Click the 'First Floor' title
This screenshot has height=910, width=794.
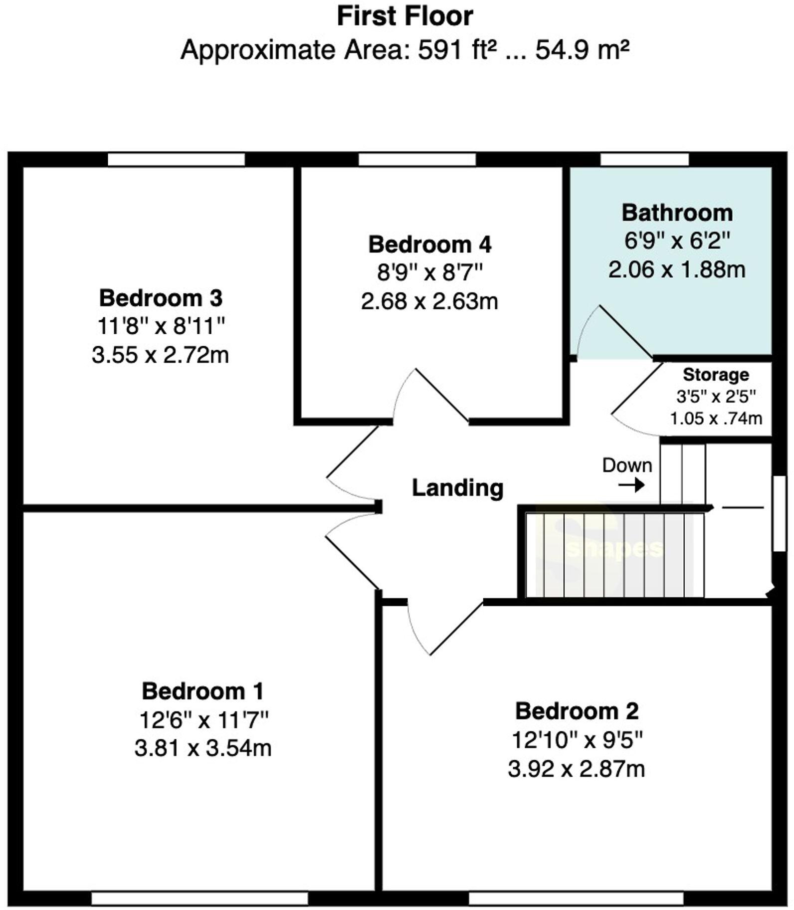(x=404, y=16)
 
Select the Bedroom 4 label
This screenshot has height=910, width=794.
(x=429, y=244)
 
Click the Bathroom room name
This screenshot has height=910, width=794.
(x=677, y=213)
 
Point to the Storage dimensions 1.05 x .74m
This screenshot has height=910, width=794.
(x=716, y=418)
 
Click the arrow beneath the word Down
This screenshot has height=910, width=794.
(x=631, y=484)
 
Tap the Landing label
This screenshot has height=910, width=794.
(x=457, y=487)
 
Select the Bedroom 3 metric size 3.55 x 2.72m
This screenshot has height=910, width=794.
(x=160, y=355)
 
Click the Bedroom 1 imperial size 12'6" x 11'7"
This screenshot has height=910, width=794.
(x=203, y=720)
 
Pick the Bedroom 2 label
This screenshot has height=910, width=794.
(x=577, y=711)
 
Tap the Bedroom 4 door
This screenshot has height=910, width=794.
(x=431, y=397)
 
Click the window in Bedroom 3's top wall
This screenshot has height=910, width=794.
(x=176, y=160)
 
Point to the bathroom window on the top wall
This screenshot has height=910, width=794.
(x=644, y=160)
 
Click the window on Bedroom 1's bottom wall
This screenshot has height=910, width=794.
(x=199, y=899)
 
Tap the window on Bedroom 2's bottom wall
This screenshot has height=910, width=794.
(x=576, y=899)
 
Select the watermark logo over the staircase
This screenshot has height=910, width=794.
(x=613, y=549)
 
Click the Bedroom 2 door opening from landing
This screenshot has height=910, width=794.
(x=444, y=629)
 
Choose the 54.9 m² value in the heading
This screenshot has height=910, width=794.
(x=582, y=50)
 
